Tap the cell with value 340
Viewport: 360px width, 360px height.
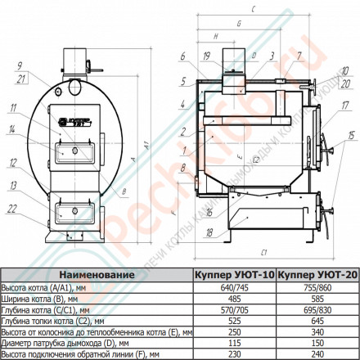[x=317, y=333]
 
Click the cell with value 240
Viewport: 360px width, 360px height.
[x=317, y=355]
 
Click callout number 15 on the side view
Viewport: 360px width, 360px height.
[x=352, y=133]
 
